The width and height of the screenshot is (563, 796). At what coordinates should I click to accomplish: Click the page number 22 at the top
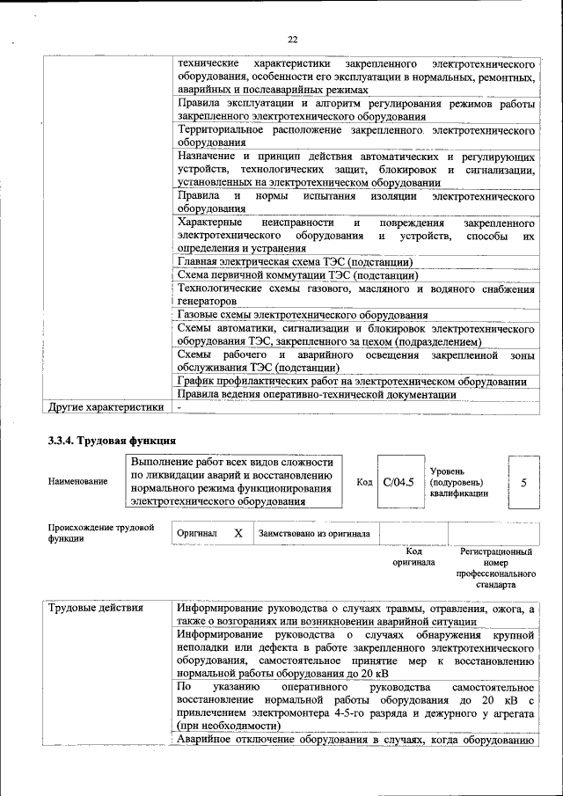click(x=293, y=39)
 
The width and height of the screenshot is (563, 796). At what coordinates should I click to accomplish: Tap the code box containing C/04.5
click(x=398, y=482)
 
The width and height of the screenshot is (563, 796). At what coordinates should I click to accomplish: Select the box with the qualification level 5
click(x=523, y=482)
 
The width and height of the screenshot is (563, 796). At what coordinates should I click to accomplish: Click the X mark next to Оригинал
click(x=238, y=534)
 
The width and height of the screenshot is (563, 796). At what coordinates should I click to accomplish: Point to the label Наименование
click(x=79, y=482)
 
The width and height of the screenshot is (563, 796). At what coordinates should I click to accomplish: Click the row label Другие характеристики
click(x=106, y=408)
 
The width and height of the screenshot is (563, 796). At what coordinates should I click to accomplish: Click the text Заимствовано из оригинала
click(x=313, y=534)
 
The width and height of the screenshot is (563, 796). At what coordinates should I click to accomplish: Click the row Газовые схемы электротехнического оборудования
click(x=303, y=315)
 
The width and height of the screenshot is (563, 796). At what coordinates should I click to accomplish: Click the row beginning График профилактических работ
click(x=352, y=382)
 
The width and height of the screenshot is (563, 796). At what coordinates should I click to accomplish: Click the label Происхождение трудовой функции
click(x=101, y=533)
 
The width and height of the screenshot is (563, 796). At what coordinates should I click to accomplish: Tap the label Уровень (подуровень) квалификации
click(x=458, y=482)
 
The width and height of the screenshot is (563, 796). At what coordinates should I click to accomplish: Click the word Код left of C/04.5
click(x=364, y=482)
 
